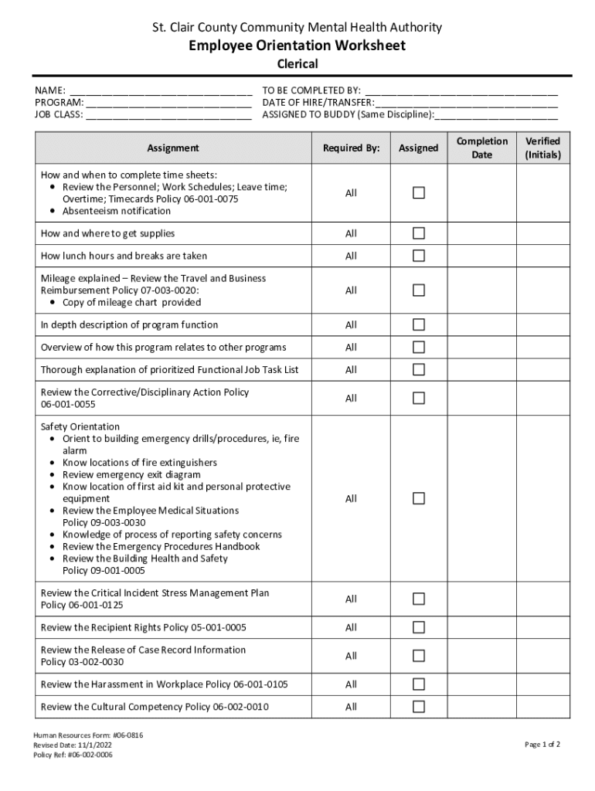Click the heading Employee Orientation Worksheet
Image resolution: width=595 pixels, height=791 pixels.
297,46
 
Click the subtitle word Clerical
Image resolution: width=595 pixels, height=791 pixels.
297,64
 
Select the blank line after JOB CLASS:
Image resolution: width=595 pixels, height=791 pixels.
168,115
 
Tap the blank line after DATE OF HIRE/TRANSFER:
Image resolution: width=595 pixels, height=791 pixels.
467,103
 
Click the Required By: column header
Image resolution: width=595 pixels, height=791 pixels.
351,148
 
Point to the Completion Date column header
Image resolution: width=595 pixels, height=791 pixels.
481,148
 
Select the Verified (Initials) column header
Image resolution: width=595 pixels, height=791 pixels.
543,148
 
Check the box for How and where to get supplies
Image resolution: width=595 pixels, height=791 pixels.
418,233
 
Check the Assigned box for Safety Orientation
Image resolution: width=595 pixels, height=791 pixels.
418,498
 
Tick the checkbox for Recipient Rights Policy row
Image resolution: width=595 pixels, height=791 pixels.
418,627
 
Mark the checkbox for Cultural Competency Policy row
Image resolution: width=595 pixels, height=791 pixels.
418,707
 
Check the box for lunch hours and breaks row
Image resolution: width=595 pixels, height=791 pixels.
418,256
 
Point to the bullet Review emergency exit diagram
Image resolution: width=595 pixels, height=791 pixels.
131,474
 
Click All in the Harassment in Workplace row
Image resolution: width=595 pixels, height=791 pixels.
351,684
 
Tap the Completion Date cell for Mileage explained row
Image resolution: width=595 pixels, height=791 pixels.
481,290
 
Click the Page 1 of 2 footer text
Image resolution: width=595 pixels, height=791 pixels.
542,745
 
